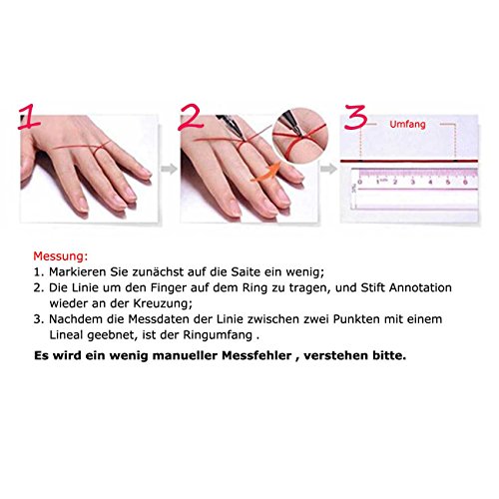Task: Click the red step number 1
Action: tap(29, 117)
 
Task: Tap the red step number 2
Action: tap(191, 118)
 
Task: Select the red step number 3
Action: tap(355, 117)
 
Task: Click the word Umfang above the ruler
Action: tap(407, 125)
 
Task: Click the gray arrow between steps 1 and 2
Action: tap(169, 169)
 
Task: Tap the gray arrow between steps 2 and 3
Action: tap(328, 169)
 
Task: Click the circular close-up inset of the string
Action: tap(300, 136)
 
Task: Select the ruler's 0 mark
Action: tap(359, 182)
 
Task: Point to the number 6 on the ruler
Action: tap(465, 182)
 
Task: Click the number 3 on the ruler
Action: tap(412, 182)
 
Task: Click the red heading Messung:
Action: tap(61, 256)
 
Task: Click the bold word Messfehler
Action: tap(256, 355)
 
